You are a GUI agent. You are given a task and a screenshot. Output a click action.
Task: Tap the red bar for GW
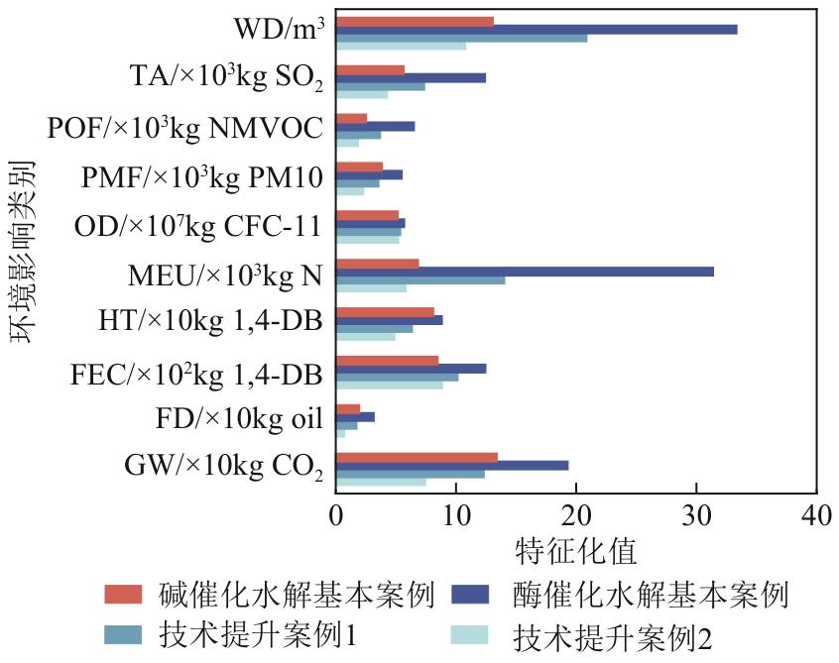point(417,457)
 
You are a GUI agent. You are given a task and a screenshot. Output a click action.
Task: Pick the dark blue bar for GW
point(452,466)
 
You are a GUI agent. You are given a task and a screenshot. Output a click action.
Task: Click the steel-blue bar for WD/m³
point(461,38)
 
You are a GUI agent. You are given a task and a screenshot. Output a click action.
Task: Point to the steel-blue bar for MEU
point(420,279)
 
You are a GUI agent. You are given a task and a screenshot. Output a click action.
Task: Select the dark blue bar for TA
point(411,78)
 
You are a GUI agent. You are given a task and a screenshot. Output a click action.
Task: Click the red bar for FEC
point(387,361)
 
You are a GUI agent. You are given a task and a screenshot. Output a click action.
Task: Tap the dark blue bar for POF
point(375,127)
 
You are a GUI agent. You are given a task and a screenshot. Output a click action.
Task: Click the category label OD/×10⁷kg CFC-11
point(197,227)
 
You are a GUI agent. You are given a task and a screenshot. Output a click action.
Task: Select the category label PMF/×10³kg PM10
point(202,178)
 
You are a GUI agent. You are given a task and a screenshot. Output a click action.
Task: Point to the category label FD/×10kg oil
point(239,420)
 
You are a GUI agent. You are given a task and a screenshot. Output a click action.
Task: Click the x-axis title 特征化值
point(575,548)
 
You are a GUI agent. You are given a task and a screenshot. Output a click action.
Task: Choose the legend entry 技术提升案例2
point(613,634)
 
